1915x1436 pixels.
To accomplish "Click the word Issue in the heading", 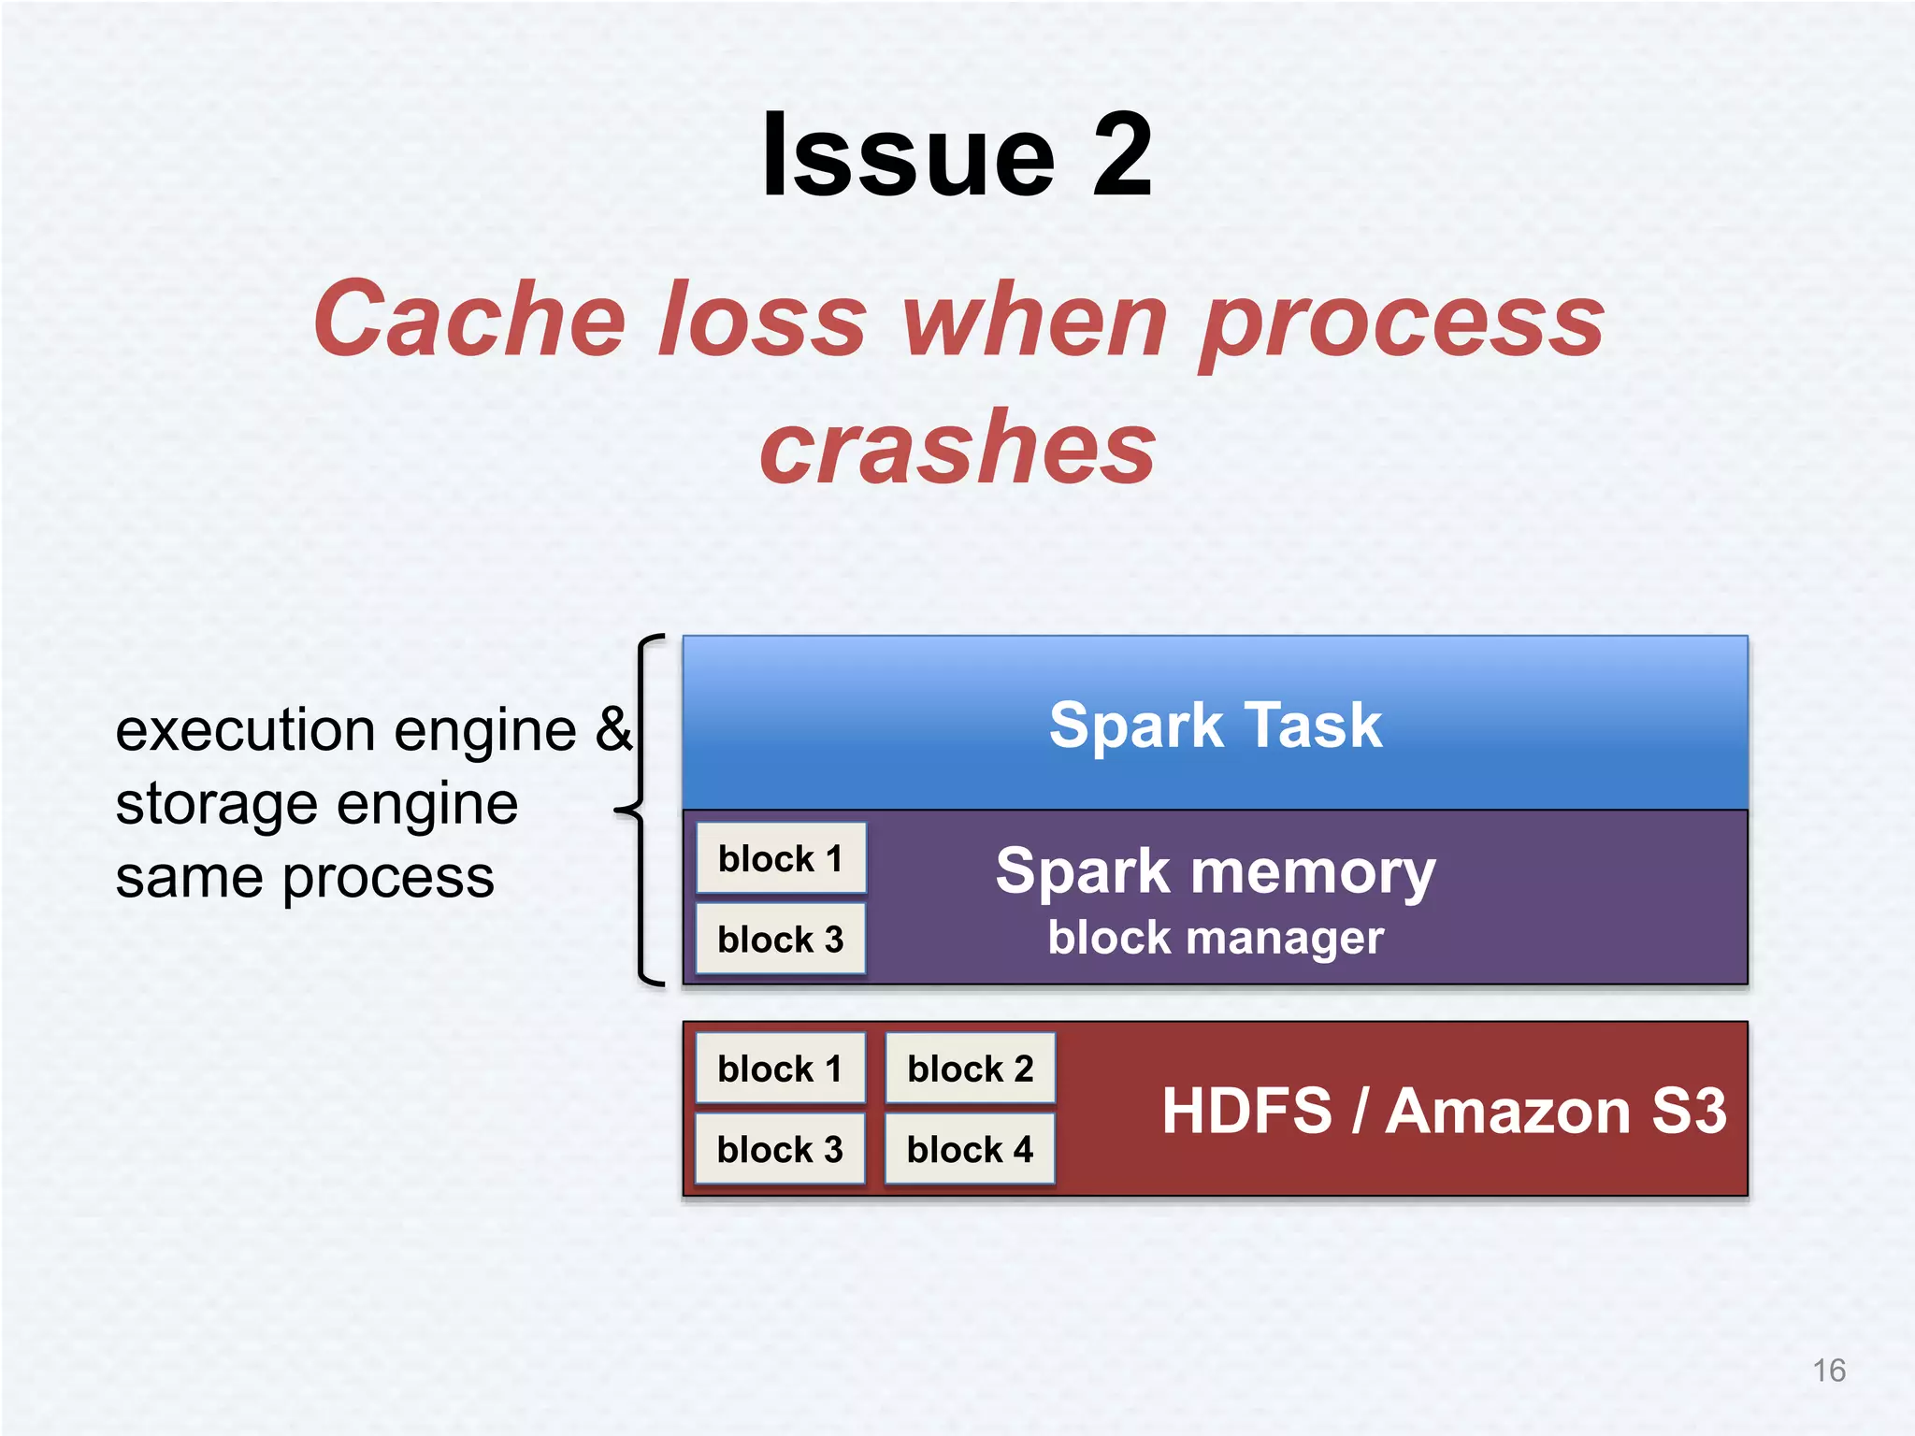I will (908, 156).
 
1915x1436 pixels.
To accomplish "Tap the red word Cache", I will (468, 321).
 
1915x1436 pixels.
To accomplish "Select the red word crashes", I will (957, 450).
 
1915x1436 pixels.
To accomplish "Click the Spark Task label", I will (1215, 725).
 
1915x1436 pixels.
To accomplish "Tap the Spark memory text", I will (1215, 871).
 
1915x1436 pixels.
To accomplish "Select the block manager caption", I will (1215, 938).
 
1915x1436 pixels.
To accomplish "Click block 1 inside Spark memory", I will (780, 858).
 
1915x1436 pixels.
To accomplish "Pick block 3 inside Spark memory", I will (780, 939).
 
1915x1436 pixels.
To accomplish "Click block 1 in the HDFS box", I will (780, 1069).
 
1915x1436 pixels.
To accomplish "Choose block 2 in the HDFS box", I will (970, 1069).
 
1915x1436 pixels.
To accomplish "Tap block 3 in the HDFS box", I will (780, 1149).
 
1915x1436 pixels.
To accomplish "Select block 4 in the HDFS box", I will (970, 1149).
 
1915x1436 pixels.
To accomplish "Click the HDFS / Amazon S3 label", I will (1443, 1111).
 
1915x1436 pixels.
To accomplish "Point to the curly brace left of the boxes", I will (641, 810).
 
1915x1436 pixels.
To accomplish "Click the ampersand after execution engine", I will (614, 729).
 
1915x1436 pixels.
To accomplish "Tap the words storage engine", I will (316, 804).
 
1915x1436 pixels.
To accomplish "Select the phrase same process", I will (305, 878).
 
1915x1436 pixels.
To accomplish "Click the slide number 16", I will (1828, 1371).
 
